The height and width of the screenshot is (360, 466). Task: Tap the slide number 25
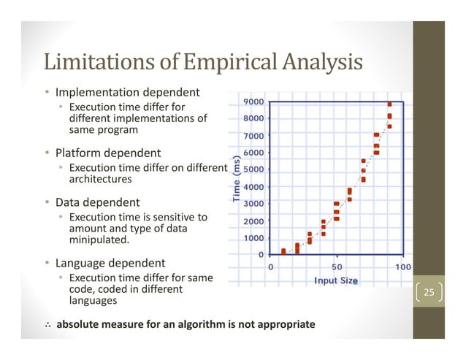[429, 294]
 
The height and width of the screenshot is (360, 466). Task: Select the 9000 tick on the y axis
[255, 102]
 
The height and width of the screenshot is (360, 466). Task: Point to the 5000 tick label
[255, 170]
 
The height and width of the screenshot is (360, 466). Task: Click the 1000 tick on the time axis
[255, 238]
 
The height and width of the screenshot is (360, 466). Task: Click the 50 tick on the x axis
[337, 267]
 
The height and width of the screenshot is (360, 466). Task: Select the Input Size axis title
[335, 281]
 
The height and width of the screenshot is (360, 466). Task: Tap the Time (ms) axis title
[237, 179]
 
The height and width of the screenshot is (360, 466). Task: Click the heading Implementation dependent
[128, 93]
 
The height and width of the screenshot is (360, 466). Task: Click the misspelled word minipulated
[99, 240]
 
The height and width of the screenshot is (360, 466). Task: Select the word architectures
[100, 179]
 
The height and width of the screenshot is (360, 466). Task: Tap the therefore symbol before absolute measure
[47, 323]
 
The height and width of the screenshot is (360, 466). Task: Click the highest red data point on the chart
[389, 104]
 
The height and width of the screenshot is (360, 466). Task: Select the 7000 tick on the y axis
[255, 136]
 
